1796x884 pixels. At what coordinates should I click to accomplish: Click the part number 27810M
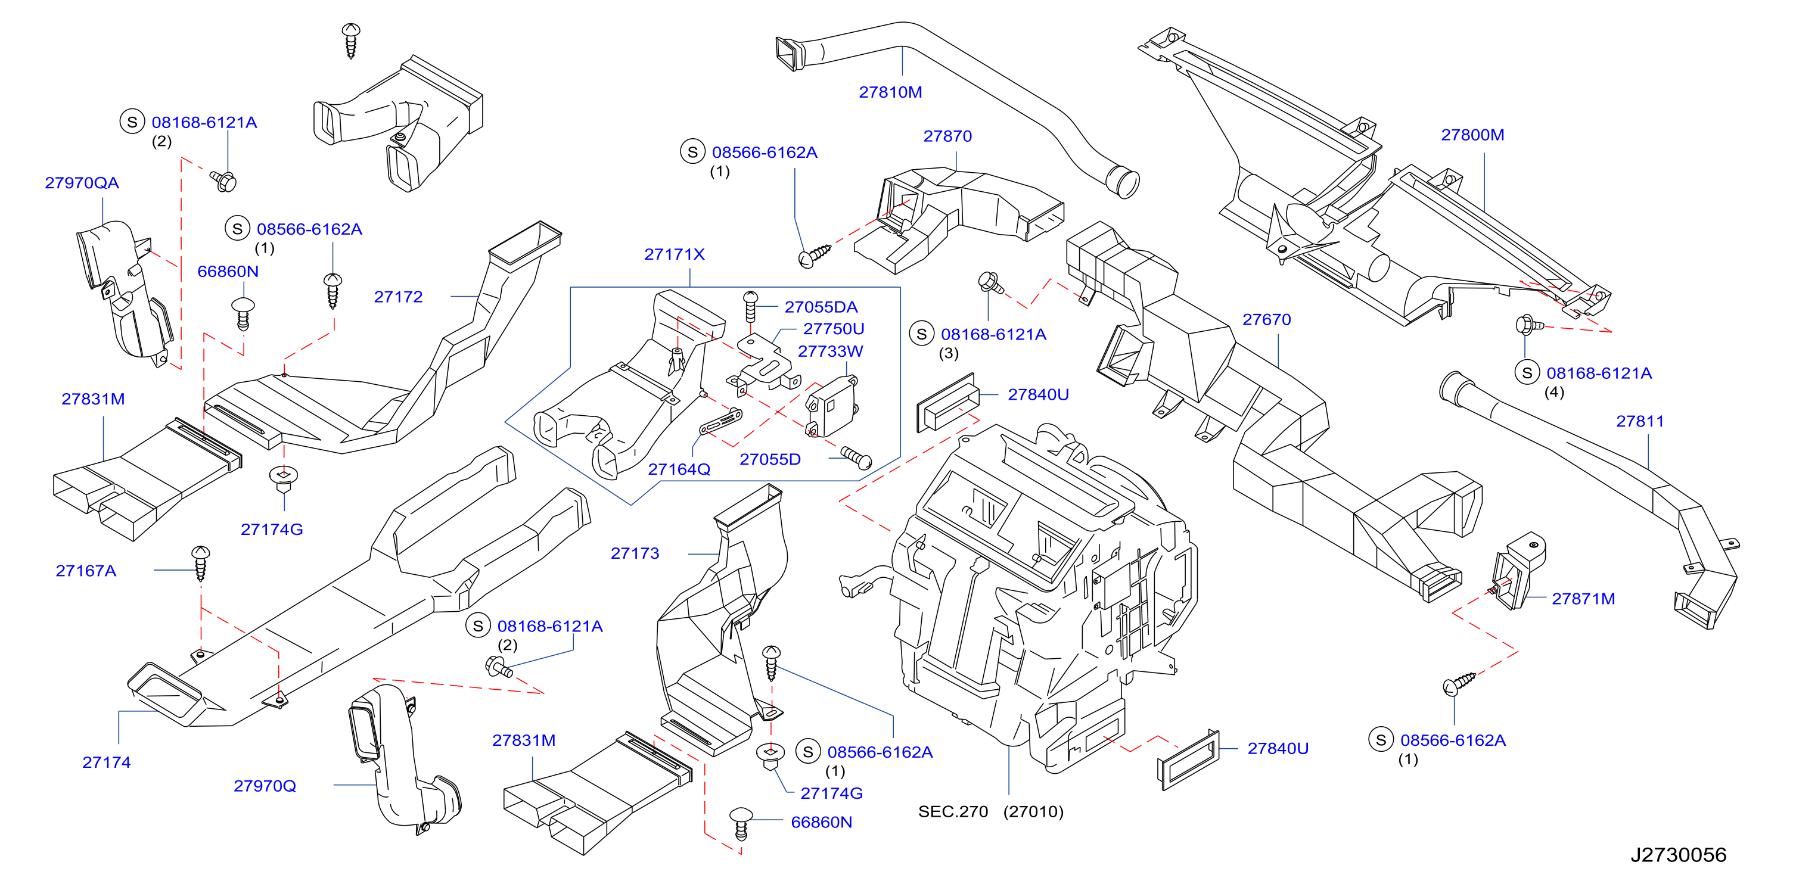click(x=890, y=92)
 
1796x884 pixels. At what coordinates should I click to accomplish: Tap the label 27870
click(x=947, y=136)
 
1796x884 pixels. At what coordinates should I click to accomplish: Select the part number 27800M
click(x=1472, y=135)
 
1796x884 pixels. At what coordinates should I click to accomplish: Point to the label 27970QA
click(x=82, y=183)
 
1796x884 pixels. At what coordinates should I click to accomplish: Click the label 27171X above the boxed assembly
click(x=674, y=254)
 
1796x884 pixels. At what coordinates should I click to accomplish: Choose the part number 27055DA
click(x=821, y=307)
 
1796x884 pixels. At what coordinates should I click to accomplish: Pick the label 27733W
click(x=831, y=351)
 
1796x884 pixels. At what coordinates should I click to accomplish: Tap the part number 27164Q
click(x=679, y=469)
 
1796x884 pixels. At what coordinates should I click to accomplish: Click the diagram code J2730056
click(x=1678, y=855)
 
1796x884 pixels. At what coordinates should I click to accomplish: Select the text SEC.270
click(x=953, y=811)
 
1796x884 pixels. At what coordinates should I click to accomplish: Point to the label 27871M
click(x=1583, y=599)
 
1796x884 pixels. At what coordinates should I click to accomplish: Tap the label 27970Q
click(x=265, y=786)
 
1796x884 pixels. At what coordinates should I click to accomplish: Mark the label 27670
click(x=1267, y=319)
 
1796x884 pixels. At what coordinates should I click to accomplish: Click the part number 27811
click(x=1640, y=421)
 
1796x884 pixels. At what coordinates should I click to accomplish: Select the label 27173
click(x=635, y=553)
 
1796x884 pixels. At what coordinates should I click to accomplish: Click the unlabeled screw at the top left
click(x=351, y=41)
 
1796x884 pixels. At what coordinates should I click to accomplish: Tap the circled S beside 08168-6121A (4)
click(x=1527, y=372)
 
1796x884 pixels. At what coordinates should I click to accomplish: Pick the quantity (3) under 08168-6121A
click(x=948, y=353)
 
